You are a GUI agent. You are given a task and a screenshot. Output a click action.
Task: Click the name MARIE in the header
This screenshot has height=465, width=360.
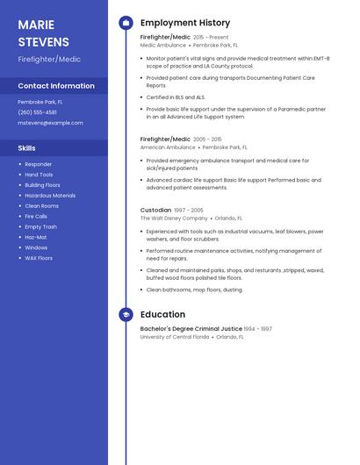(36, 25)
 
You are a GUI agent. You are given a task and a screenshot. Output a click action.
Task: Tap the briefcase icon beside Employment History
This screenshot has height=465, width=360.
(126, 23)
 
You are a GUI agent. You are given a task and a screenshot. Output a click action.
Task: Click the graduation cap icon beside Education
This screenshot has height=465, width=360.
(126, 314)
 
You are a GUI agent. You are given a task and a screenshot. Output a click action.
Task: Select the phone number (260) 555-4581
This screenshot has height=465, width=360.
(37, 112)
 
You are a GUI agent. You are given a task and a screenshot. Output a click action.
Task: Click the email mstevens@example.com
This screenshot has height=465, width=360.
(51, 123)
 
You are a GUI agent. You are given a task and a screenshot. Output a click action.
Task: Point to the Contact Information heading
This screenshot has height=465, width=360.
(56, 86)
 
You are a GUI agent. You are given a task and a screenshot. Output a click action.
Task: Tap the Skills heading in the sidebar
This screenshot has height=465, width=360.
(27, 148)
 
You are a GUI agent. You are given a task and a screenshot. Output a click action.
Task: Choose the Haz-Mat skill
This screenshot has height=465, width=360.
(36, 237)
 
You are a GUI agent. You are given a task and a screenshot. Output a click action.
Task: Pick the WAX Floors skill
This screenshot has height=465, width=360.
(39, 258)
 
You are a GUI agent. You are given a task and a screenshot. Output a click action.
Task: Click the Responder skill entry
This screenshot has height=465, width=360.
(39, 164)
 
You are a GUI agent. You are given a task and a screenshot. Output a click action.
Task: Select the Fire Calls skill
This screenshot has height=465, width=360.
(36, 216)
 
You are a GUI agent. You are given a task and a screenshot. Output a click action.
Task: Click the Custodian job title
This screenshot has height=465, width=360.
(155, 211)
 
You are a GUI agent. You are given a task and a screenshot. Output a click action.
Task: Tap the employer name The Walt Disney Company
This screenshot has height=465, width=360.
(174, 218)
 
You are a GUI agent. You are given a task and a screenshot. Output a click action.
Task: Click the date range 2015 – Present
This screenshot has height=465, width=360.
(211, 38)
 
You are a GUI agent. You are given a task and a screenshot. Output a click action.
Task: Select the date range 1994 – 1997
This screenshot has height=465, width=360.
(257, 329)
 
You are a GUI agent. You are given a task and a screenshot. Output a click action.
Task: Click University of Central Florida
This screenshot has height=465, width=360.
(175, 337)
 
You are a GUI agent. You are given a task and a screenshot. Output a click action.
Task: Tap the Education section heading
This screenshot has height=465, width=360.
(162, 314)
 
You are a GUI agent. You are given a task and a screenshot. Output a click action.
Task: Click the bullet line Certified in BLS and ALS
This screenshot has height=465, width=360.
(176, 97)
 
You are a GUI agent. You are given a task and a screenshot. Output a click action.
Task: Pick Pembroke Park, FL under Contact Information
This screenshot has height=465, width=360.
(40, 102)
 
